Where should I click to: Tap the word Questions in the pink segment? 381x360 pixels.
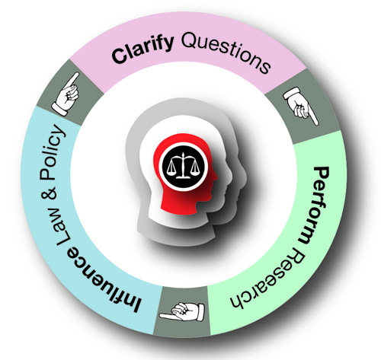(x=226, y=50)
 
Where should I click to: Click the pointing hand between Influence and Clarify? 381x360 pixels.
(x=66, y=94)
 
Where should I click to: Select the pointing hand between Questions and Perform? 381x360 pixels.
(x=300, y=105)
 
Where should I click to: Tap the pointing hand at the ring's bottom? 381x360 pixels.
(x=182, y=312)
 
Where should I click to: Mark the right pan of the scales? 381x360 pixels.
(x=194, y=169)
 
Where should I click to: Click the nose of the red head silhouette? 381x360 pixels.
(x=216, y=177)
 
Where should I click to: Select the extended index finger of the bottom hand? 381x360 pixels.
(x=168, y=316)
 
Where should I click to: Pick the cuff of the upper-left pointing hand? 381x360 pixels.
(x=59, y=109)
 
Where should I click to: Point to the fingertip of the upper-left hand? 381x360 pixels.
(x=77, y=74)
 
